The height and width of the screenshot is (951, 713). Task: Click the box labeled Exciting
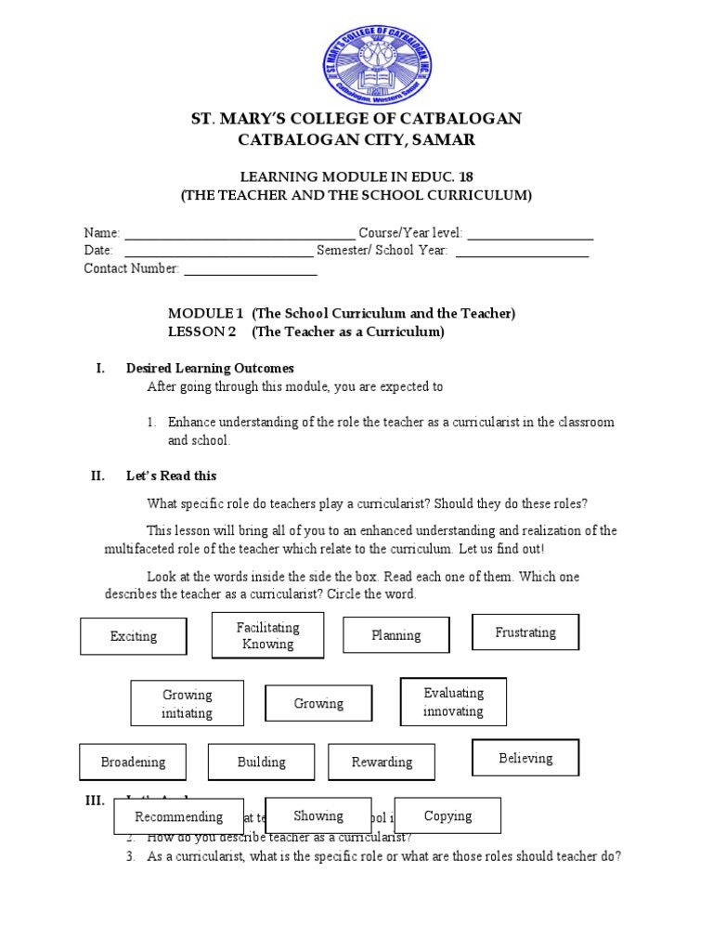(134, 636)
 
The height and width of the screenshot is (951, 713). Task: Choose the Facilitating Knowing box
(267, 636)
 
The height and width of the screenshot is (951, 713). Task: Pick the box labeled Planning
(396, 635)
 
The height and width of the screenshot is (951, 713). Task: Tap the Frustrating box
(525, 632)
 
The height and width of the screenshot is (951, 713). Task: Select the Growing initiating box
(188, 704)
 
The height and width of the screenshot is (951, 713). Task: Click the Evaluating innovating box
(453, 702)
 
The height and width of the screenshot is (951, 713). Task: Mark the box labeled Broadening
(134, 762)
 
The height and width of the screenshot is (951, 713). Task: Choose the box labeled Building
(262, 762)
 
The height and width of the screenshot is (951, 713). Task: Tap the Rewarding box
(382, 762)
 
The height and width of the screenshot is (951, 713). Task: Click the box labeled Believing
(525, 758)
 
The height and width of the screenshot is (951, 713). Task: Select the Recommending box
(178, 816)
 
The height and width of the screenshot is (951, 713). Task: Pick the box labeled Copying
(447, 815)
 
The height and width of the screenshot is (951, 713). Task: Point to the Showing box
(318, 815)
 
